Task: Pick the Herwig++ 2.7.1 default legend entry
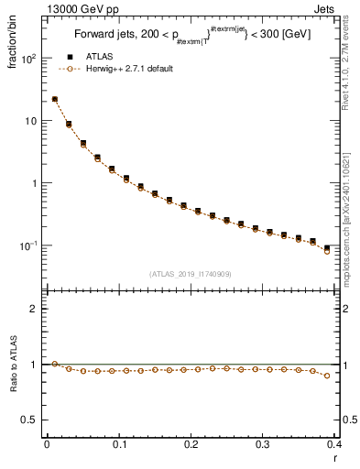click(125, 69)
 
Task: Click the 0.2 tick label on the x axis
click(191, 445)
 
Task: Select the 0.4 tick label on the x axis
click(334, 445)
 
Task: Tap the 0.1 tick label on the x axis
click(119, 445)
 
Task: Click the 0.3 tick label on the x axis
click(263, 445)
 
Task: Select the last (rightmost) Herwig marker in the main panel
click(327, 251)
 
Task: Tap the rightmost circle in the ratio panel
click(327, 376)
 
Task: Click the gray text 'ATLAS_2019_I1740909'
click(191, 274)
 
